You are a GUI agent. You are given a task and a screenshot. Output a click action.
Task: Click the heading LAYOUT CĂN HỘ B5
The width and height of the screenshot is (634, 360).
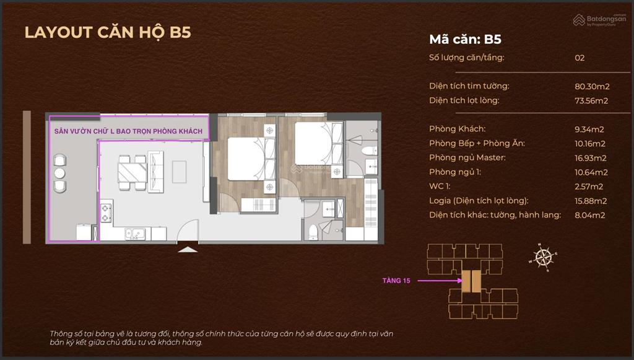pos(108,32)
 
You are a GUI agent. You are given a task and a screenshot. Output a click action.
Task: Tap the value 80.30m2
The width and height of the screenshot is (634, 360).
pos(592,86)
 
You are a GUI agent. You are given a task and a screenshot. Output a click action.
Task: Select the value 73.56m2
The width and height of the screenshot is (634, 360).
pos(591,101)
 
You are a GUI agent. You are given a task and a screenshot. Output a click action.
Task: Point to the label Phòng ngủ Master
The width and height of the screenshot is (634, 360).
pos(467,158)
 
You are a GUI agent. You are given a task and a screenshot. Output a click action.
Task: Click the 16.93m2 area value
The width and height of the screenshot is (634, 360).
pos(590,158)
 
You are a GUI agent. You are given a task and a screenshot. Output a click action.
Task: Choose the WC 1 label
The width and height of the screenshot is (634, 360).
pos(440,187)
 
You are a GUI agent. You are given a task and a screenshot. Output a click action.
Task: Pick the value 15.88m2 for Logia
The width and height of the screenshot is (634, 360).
pos(590,201)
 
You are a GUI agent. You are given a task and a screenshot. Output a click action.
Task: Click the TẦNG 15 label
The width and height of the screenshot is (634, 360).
pos(396,280)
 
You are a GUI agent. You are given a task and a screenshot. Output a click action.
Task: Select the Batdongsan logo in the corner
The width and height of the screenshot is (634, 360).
pos(599,20)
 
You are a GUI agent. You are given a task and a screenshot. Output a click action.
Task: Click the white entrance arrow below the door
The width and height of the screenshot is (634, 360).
pos(188,250)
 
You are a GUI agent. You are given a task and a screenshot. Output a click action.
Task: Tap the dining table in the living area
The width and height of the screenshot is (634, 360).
pos(132,172)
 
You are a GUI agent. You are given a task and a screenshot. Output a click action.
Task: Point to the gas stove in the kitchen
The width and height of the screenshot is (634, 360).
pos(106,213)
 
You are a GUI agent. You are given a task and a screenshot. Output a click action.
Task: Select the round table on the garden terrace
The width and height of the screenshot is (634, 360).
pos(59,173)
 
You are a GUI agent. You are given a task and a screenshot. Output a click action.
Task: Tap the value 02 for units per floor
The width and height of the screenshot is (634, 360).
pos(580,58)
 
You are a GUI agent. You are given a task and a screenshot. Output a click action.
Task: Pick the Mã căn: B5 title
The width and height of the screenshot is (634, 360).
pos(465,39)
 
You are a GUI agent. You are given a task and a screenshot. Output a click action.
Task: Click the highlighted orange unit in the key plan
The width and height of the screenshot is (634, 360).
pos(471,281)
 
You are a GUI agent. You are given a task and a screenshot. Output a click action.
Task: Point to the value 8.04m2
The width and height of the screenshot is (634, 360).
pos(590,215)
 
